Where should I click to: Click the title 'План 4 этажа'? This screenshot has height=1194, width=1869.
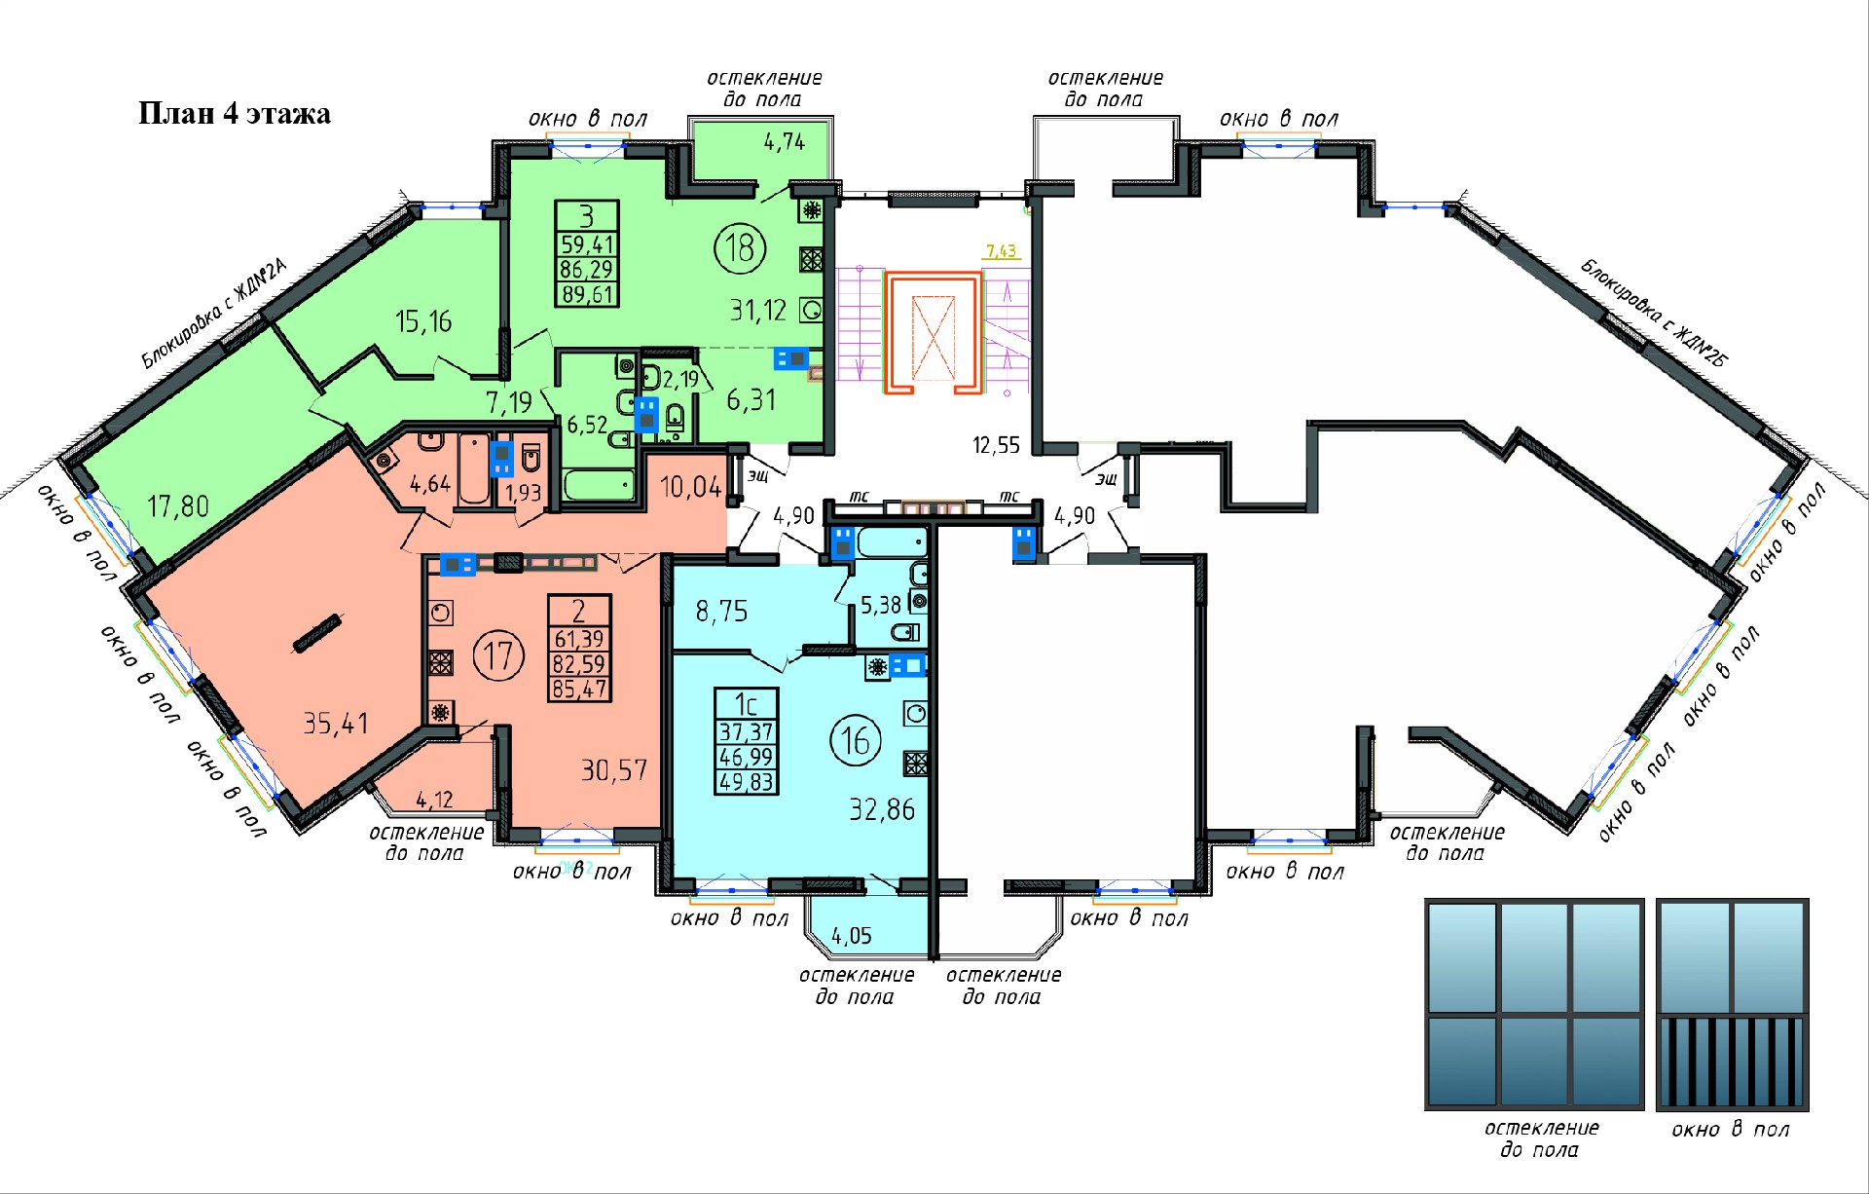pos(235,114)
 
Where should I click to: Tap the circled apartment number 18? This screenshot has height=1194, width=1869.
pos(740,247)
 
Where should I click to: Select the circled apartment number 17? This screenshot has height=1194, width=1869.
pos(498,655)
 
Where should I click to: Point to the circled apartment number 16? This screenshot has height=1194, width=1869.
pos(856,740)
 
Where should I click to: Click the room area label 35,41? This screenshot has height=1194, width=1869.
pos(336,723)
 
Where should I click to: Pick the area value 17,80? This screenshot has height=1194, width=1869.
pos(178,505)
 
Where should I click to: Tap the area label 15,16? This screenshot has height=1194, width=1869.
pos(423,320)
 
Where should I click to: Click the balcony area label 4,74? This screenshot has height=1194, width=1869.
pos(785,142)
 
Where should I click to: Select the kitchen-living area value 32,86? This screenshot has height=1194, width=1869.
pos(882,809)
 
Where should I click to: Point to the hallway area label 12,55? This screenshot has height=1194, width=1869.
pos(996,445)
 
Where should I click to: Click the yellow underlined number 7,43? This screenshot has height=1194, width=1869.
pos(1001,251)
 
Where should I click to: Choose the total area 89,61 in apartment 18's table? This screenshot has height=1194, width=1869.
pos(587,293)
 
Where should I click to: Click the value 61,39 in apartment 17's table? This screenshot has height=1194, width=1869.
pos(579,639)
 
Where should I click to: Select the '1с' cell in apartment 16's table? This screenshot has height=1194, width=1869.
pos(746,703)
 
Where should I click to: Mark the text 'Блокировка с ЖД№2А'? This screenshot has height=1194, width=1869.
pos(215,314)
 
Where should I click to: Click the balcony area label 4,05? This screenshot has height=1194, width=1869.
pos(852,936)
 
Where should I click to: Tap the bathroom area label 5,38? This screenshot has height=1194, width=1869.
pos(881,606)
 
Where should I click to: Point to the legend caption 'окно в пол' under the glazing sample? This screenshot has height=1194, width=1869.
pos(1731,1130)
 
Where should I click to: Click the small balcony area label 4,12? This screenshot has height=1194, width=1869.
pos(434,801)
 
